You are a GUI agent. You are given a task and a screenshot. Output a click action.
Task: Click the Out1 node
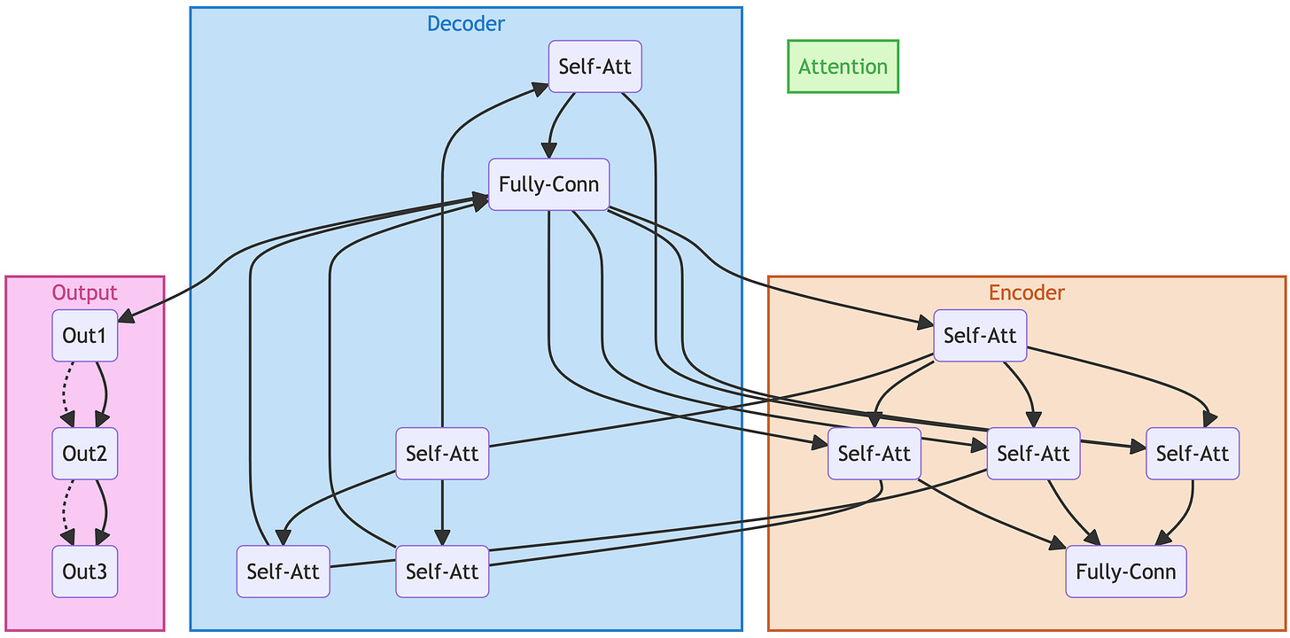(85, 336)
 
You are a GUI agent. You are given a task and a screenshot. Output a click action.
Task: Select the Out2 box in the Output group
(85, 454)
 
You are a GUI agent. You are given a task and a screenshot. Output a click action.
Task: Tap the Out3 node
(85, 572)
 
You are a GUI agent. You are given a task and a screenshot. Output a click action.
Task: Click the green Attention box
(843, 66)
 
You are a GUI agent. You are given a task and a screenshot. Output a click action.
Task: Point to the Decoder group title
(465, 24)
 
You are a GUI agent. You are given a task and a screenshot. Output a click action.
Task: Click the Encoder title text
(1026, 292)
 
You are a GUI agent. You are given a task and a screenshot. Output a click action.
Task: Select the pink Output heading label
(84, 292)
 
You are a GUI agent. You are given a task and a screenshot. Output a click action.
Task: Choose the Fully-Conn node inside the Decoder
(548, 185)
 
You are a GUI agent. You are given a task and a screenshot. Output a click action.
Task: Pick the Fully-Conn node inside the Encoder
(1125, 572)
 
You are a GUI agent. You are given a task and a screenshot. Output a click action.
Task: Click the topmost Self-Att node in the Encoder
(980, 336)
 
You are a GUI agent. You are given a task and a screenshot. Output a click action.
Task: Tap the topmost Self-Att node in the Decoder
(594, 66)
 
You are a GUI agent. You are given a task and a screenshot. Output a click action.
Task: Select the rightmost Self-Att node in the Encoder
(1192, 454)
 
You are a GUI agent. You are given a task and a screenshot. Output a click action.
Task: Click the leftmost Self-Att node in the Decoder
(283, 572)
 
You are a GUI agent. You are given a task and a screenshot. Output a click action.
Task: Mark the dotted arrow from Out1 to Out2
(65, 394)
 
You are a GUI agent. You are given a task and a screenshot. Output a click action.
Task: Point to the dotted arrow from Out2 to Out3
(65, 512)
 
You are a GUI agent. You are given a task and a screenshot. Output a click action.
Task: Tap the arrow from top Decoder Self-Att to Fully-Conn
(557, 124)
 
